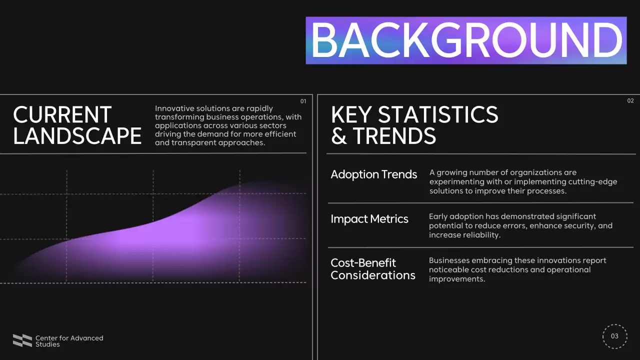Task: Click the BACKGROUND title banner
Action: tap(466, 40)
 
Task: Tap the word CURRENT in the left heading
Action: tap(62, 115)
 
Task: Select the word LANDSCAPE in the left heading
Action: tap(77, 136)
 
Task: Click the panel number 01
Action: tap(303, 101)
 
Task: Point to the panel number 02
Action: tap(630, 101)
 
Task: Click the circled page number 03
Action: tap(614, 336)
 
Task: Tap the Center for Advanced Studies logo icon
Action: tap(22, 340)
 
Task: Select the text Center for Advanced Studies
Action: tap(69, 341)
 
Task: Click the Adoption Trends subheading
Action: tap(373, 174)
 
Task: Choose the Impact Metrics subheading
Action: tap(369, 219)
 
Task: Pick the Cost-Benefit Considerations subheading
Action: tap(372, 269)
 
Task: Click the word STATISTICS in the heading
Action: tap(438, 115)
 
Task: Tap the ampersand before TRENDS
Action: tap(338, 136)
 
